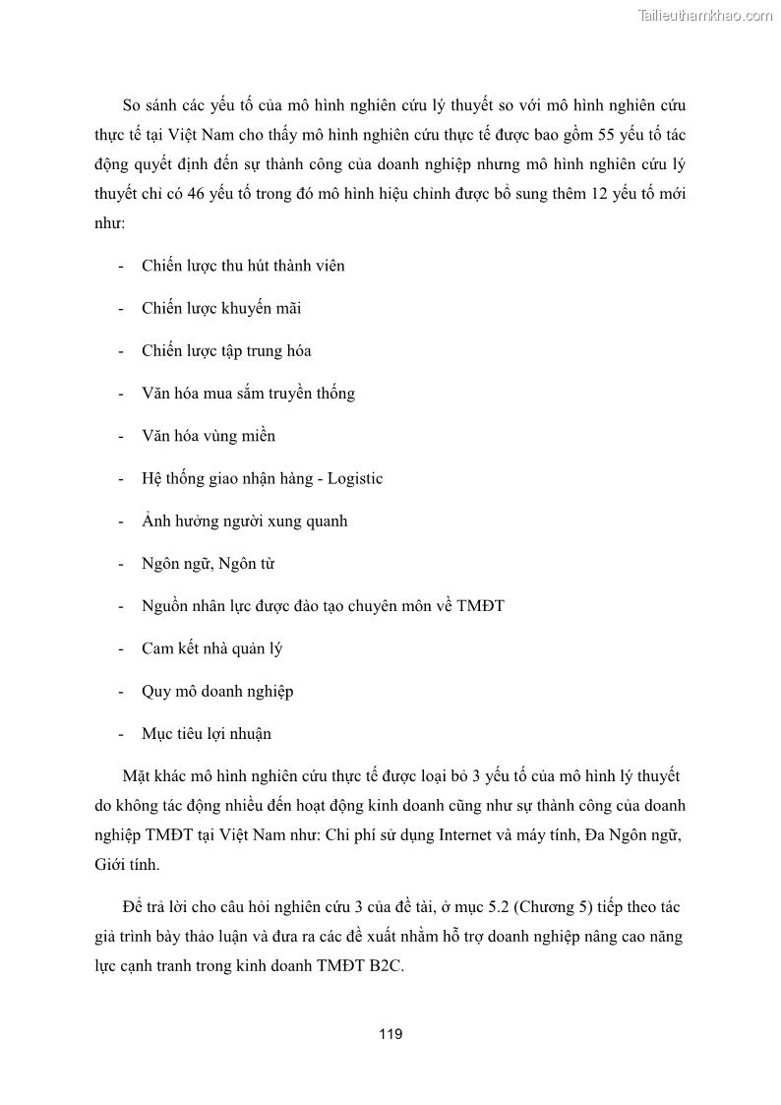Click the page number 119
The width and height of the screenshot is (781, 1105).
(390, 1034)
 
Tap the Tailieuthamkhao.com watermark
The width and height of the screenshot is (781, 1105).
(705, 15)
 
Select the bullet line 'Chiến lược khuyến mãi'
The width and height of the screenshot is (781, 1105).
(221, 308)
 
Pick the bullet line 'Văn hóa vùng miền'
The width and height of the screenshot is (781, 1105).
(209, 436)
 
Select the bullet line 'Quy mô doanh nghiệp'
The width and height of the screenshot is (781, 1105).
(217, 691)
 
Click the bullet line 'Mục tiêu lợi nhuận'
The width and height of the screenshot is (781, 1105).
(207, 733)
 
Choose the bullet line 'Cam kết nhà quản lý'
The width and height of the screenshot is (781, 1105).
(212, 648)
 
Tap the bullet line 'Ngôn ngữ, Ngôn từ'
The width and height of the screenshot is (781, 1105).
(209, 564)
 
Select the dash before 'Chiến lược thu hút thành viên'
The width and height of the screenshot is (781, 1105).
(120, 266)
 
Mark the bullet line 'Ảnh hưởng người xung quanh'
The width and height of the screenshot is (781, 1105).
(244, 521)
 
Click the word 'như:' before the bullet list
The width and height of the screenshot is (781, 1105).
(109, 223)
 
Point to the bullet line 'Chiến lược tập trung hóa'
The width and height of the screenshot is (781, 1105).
(226, 350)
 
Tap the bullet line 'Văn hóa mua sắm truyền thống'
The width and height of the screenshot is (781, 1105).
(248, 394)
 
